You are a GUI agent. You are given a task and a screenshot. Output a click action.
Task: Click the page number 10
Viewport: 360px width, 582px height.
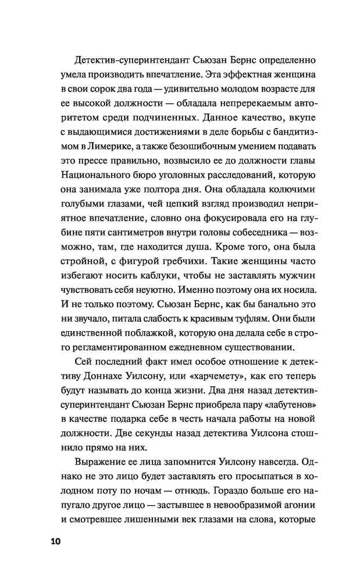click(52, 541)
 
